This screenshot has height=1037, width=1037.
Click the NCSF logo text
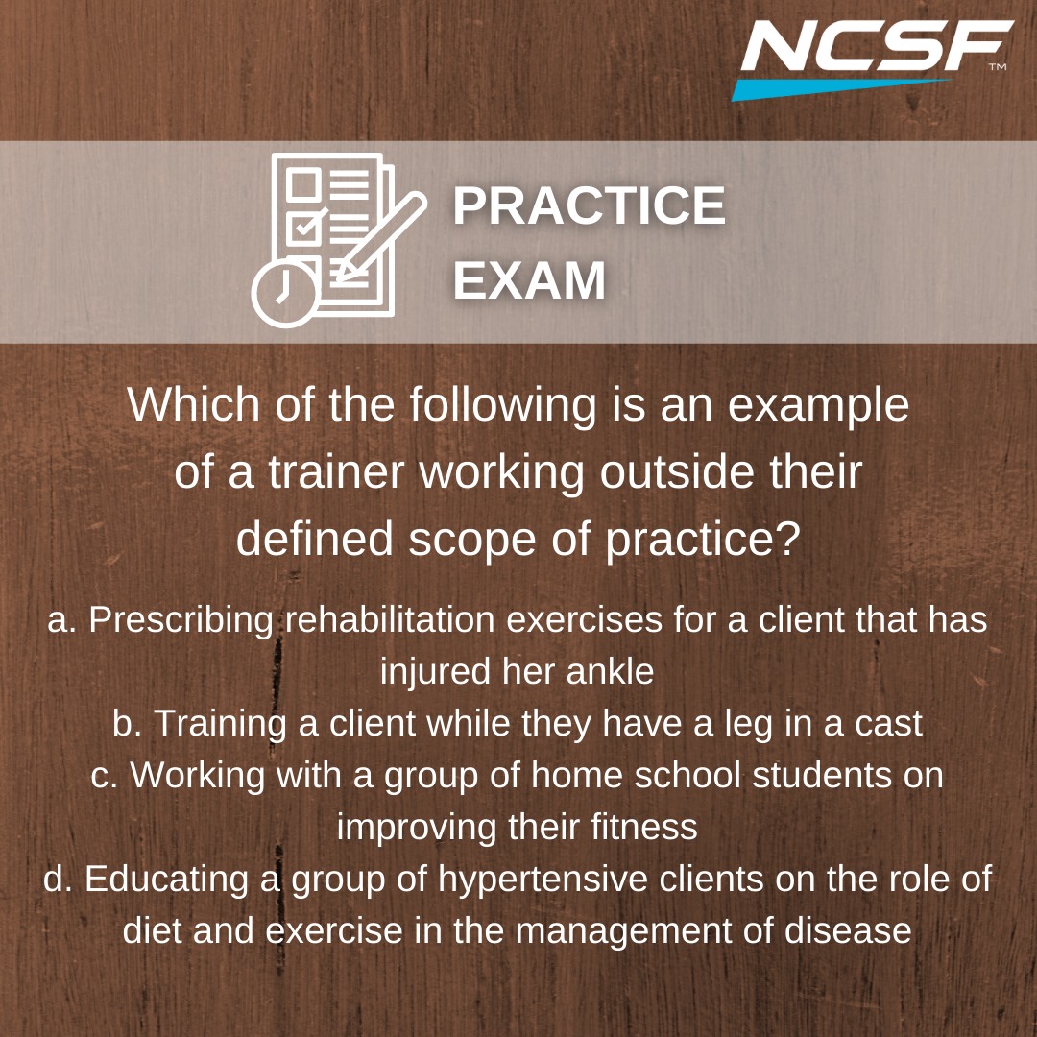click(877, 46)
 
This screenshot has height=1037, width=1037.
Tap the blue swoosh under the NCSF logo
click(840, 89)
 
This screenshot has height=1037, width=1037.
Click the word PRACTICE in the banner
click(590, 205)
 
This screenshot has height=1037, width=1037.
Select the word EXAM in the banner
click(529, 280)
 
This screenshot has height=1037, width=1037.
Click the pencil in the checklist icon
click(381, 237)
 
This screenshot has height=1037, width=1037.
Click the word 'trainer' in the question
click(336, 472)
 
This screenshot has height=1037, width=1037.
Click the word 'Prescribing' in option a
click(181, 621)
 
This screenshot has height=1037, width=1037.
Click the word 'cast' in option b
click(888, 724)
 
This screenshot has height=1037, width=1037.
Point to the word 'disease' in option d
click(848, 930)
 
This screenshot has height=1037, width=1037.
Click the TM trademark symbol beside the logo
click(998, 67)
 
